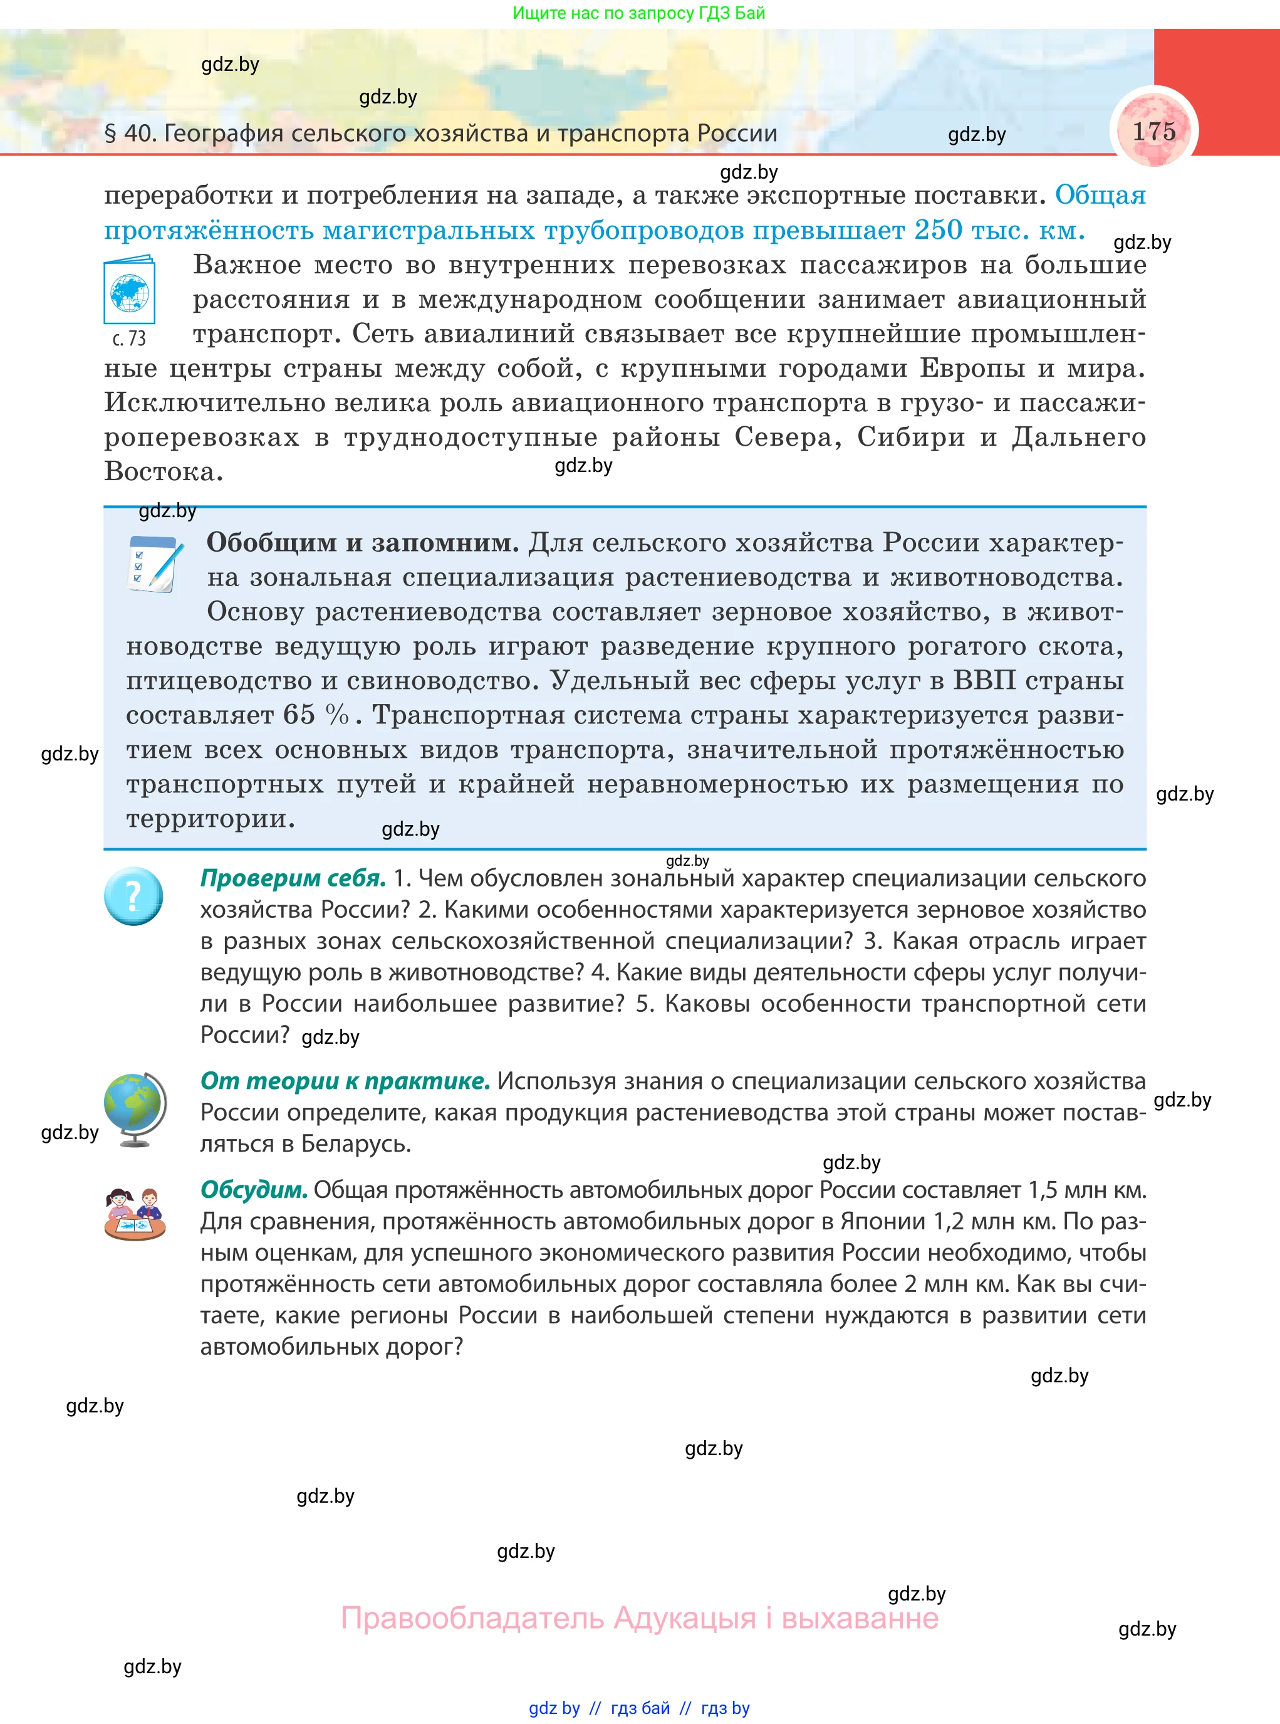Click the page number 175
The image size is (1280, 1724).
pyautogui.click(x=1153, y=131)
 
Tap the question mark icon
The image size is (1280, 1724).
pyautogui.click(x=133, y=896)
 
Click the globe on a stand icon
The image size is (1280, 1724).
pyautogui.click(x=135, y=1108)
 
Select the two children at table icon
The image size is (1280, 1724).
pyautogui.click(x=135, y=1213)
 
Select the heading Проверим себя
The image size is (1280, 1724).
pyautogui.click(x=293, y=878)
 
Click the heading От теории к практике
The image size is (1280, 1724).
pyautogui.click(x=345, y=1081)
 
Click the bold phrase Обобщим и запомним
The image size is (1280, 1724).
pyautogui.click(x=363, y=543)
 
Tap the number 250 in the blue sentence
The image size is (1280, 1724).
pyautogui.click(x=939, y=230)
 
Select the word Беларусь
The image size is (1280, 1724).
pyautogui.click(x=356, y=1143)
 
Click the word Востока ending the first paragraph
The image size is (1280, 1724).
pyautogui.click(x=163, y=471)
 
